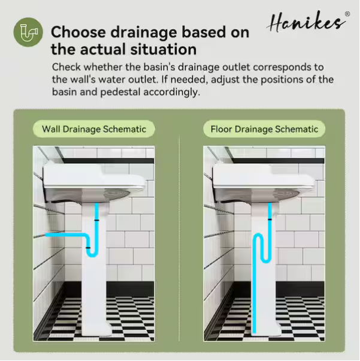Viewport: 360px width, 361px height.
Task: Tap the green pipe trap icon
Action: [x=28, y=32]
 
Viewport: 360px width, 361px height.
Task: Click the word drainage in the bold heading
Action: [x=144, y=32]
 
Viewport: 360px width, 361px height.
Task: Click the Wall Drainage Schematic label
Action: [x=94, y=129]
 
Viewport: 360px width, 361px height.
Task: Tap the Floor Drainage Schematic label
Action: [x=264, y=129]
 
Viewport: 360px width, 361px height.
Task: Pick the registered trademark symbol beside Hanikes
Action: [x=347, y=14]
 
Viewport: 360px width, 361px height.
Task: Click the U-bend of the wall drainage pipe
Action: [x=92, y=254]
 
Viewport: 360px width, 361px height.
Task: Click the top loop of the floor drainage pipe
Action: [x=258, y=237]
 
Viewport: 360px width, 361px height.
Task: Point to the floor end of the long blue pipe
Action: [x=254, y=332]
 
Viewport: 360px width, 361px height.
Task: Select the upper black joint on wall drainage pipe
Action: [x=96, y=220]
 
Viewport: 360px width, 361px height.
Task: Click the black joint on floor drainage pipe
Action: [x=270, y=219]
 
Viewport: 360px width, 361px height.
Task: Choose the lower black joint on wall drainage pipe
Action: [x=88, y=248]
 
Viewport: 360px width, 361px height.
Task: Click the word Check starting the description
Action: [x=66, y=67]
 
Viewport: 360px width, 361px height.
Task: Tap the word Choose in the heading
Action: [x=78, y=32]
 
